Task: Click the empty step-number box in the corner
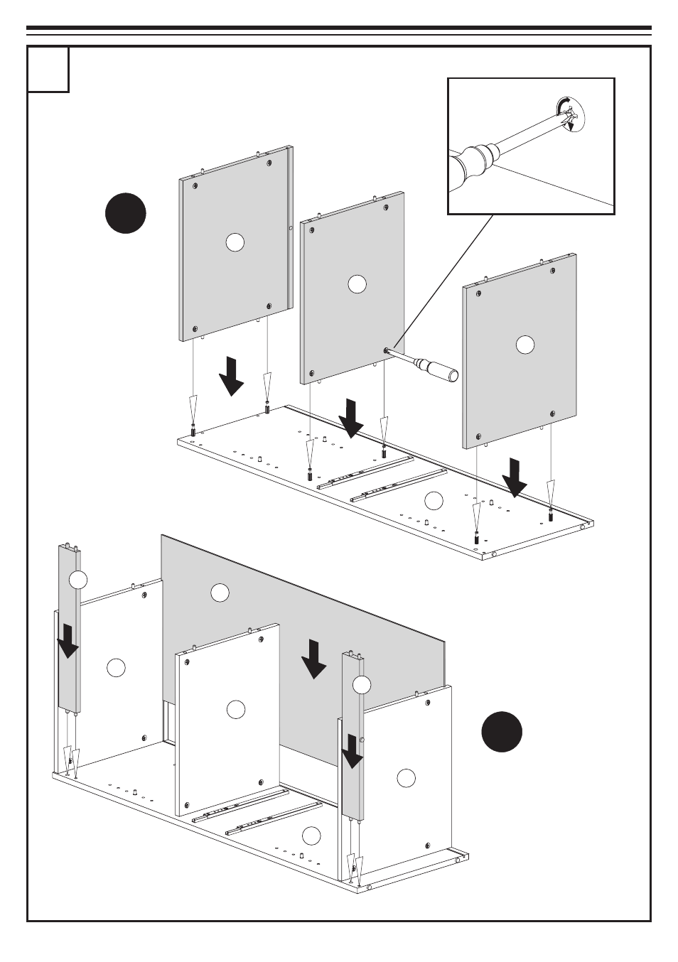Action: click(x=48, y=70)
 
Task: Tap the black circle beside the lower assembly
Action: click(x=502, y=731)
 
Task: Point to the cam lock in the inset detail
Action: click(x=571, y=116)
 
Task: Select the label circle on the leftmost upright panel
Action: click(x=235, y=242)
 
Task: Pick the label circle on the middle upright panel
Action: click(x=357, y=284)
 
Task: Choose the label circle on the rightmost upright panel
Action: click(x=524, y=345)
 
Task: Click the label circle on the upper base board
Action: click(x=434, y=500)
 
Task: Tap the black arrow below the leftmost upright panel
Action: click(x=231, y=376)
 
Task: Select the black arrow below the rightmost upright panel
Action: click(x=514, y=478)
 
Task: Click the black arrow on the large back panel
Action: click(x=313, y=659)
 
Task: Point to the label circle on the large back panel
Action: click(x=220, y=592)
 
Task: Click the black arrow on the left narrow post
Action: click(x=68, y=641)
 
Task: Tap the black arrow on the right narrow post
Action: click(x=353, y=751)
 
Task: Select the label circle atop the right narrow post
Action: click(x=362, y=685)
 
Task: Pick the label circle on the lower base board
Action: click(x=311, y=836)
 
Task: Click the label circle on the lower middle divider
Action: click(x=235, y=709)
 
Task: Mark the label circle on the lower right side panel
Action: click(x=406, y=778)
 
